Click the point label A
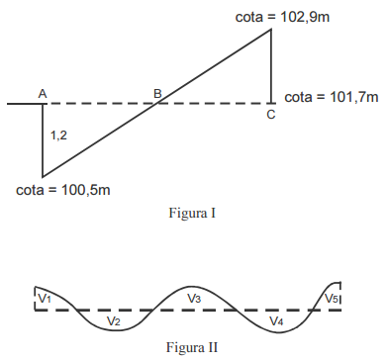pos(43,92)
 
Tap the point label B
pos(157,93)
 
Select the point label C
pos(271,115)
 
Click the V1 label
pos(45,298)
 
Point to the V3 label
pos(194,298)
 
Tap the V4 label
pos(275,321)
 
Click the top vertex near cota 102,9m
pos(271,29)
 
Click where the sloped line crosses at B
pos(157,102)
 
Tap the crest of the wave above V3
pos(194,283)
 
